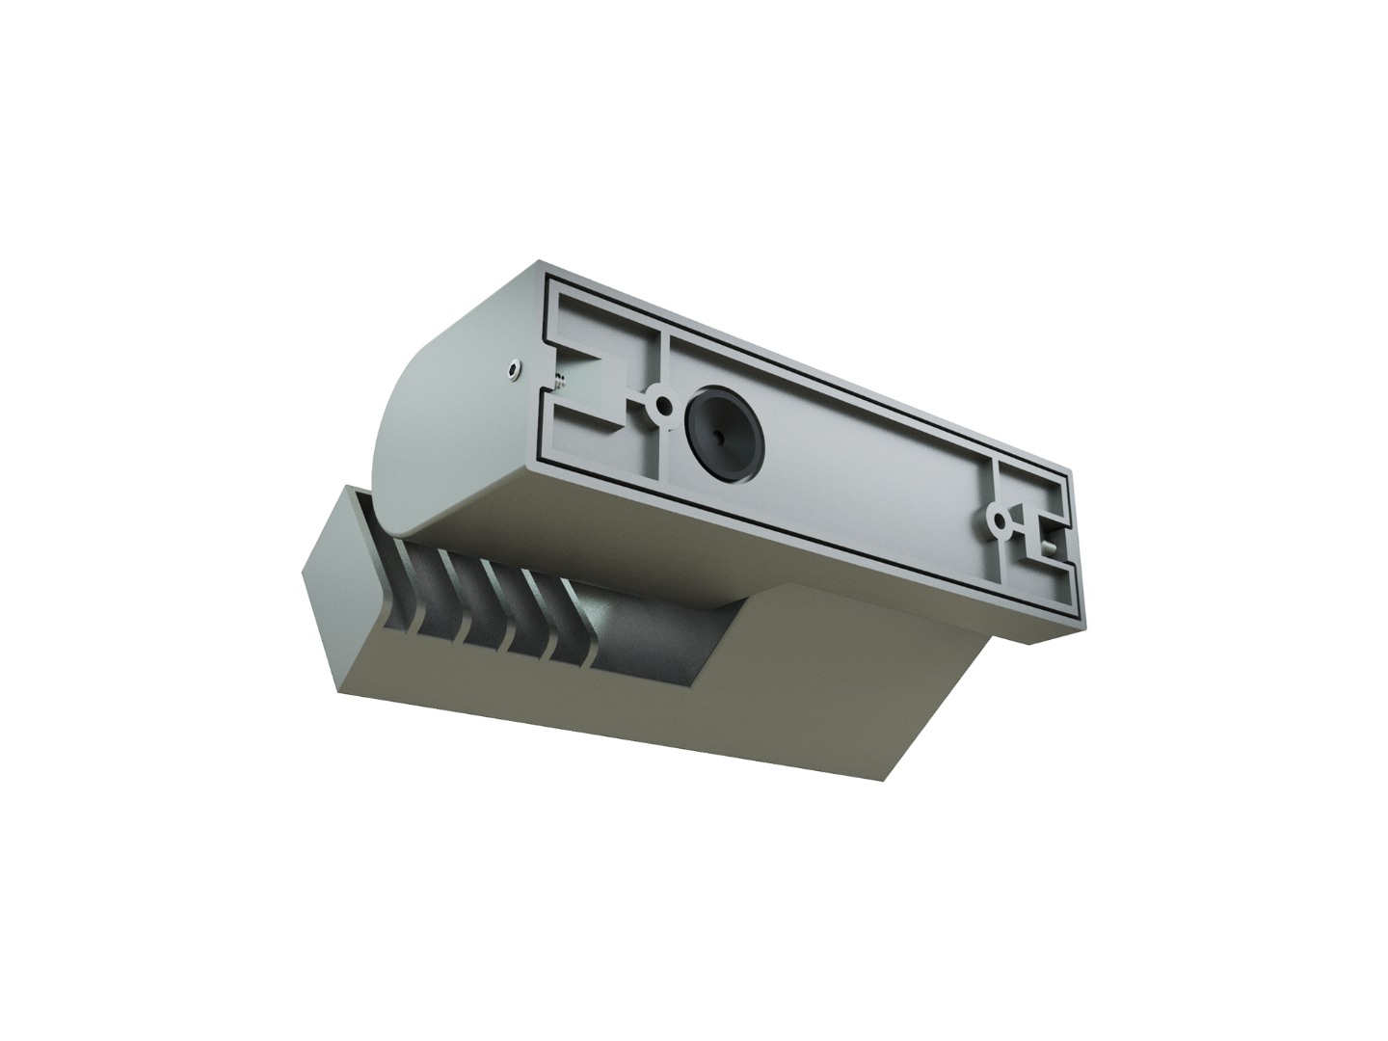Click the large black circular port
722,432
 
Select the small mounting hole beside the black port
661,405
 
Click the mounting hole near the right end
1001,522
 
